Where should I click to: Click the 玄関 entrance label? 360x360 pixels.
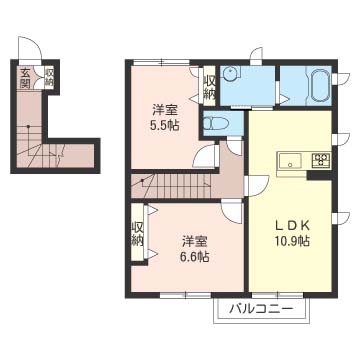[x=25, y=78]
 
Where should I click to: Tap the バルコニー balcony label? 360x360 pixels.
[x=261, y=310]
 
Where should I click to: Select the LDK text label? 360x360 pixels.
[x=293, y=226]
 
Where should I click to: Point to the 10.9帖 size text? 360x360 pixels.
[x=292, y=240]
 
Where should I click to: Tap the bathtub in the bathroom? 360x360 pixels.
[x=320, y=85]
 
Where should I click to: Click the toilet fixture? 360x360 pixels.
[x=216, y=124]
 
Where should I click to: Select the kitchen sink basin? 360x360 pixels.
[x=290, y=160]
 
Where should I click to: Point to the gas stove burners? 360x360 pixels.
[x=321, y=159]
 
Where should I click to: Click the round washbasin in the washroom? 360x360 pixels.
[x=230, y=74]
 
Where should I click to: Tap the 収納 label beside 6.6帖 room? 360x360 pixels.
[x=137, y=233]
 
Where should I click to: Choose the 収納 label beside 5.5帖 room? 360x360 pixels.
[x=209, y=87]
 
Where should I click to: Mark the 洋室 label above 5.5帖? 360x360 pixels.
[x=165, y=110]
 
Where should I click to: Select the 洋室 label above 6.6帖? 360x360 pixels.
[x=195, y=241]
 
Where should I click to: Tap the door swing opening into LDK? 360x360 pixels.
[x=257, y=186]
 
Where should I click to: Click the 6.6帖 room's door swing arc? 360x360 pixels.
[x=231, y=212]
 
